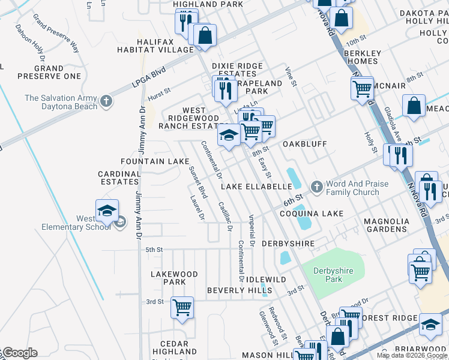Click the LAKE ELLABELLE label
coord(256,187)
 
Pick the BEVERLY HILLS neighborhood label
coord(240,290)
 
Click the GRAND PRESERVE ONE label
coord(49,73)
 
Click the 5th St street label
coord(154,250)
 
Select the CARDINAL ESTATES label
coord(119,178)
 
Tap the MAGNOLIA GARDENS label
coord(385,225)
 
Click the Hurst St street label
coord(159,93)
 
